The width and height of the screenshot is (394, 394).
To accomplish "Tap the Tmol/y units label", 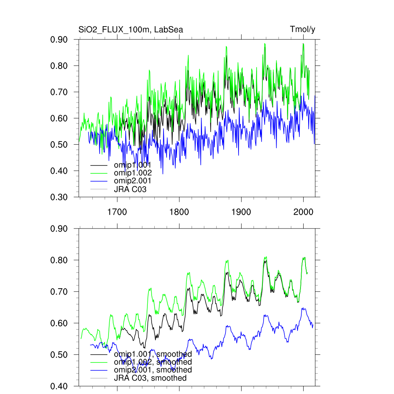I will [302, 30].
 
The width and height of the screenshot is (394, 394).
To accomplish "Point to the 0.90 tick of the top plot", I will [59, 40].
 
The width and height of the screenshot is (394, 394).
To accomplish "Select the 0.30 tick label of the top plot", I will [59, 197].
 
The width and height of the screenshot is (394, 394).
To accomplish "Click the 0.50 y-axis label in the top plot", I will [59, 145].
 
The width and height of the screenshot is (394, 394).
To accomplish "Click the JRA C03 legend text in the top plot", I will [130, 189].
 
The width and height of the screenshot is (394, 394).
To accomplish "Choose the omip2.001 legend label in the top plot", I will [133, 181].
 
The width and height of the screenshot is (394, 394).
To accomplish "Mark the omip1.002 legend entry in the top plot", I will [133, 173].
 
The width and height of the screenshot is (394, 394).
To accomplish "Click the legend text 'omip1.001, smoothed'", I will [153, 354].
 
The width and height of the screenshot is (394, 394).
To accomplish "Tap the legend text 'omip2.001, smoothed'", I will [153, 370].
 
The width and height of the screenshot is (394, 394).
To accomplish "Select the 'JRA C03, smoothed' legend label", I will [150, 378].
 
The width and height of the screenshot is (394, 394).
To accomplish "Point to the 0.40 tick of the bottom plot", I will [59, 386].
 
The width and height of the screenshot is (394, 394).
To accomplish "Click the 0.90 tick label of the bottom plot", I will [59, 229].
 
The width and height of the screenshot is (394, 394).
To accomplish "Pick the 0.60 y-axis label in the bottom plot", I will [59, 323].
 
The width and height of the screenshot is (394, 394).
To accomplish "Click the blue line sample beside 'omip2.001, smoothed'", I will [98, 370].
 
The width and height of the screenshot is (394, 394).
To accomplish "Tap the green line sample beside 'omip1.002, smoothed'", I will [98, 362].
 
